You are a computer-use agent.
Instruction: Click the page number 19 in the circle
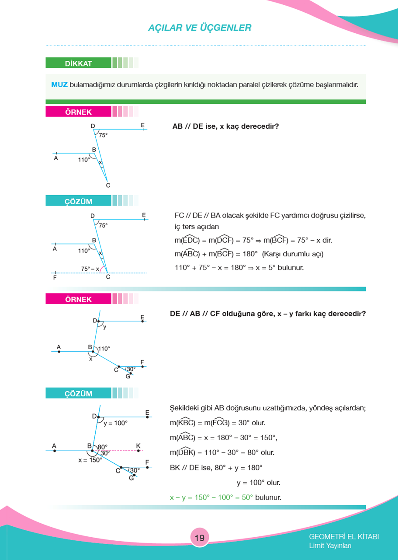200,538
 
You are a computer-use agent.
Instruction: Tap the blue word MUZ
59,85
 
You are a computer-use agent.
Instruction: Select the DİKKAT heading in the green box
79,63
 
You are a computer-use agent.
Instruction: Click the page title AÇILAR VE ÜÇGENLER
200,28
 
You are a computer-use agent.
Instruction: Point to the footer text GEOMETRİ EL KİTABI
344,536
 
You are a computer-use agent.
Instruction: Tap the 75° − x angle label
90,269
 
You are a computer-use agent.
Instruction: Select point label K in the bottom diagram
138,446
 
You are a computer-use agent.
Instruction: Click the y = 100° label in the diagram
115,423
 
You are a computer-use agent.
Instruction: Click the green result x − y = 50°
211,497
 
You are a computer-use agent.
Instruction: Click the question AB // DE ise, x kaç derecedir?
225,126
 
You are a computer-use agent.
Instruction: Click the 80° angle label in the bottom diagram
102,447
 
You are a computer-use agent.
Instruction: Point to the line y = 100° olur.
258,483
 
